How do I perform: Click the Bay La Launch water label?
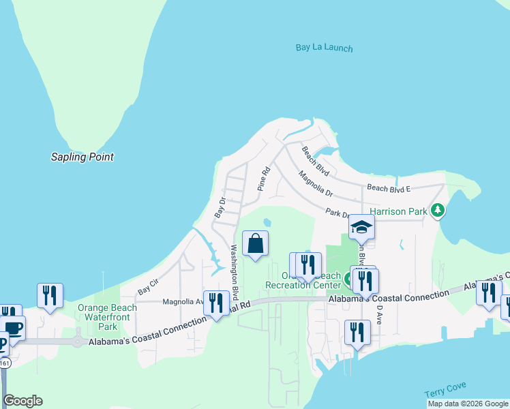click(325, 48)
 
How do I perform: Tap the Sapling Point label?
click(82, 157)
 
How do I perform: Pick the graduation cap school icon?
click(362, 227)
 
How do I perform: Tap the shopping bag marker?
click(255, 244)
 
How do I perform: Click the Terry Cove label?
click(445, 390)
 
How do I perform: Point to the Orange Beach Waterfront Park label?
click(107, 317)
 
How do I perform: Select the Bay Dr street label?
click(220, 207)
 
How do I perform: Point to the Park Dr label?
click(337, 214)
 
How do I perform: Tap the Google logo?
click(22, 401)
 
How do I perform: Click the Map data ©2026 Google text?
click(467, 404)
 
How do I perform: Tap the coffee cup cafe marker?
click(12, 328)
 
